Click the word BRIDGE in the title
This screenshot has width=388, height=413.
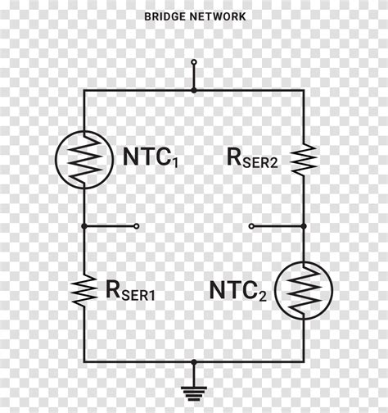[x=162, y=16]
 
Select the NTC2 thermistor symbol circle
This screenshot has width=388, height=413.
[x=304, y=290]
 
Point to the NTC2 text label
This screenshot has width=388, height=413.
[x=238, y=291]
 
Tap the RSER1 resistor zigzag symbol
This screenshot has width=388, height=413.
[x=83, y=288]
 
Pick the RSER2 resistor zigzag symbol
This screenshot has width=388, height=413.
[x=304, y=159]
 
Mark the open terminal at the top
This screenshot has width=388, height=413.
[x=194, y=61]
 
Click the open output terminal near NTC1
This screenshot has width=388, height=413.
[x=137, y=225]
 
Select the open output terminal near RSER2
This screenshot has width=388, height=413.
[x=251, y=225]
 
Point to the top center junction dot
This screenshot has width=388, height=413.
[x=194, y=90]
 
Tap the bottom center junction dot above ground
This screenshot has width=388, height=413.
[x=194, y=360]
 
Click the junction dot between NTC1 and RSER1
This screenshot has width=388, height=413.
[x=83, y=225]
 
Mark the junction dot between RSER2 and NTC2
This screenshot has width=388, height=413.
[x=304, y=225]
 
